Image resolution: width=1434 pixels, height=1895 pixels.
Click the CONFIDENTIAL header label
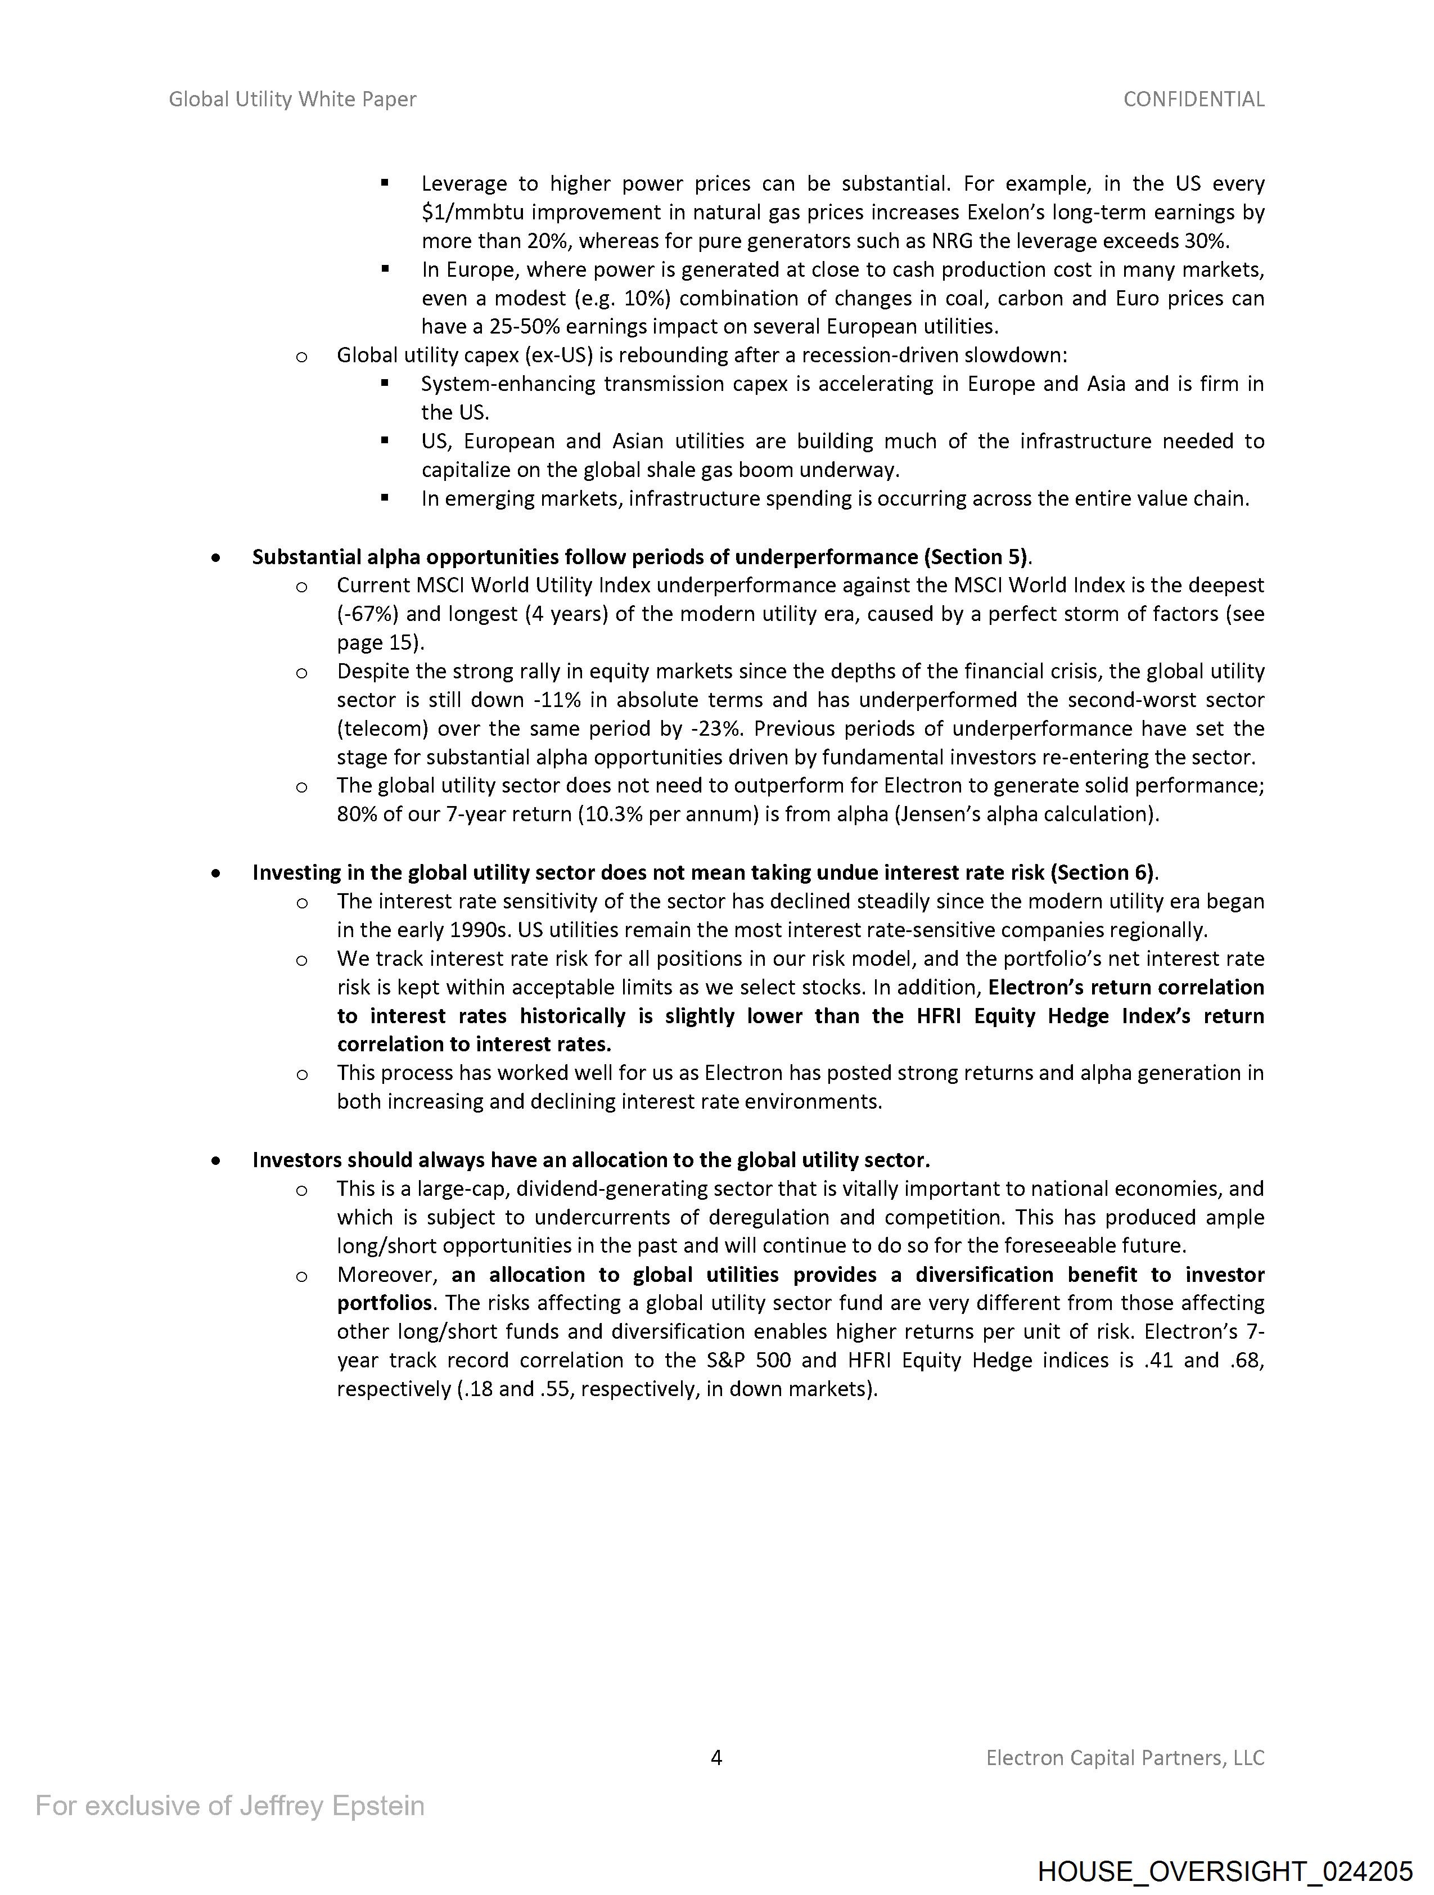point(1193,100)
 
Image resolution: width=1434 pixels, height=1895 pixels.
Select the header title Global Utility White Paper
point(292,100)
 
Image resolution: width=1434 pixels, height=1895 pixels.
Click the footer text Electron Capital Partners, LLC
point(1125,1758)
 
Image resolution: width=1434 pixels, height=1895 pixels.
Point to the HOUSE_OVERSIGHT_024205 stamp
point(1224,1870)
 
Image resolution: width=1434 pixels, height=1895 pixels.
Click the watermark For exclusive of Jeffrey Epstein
point(229,1806)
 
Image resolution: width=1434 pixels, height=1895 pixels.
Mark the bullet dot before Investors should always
point(216,1161)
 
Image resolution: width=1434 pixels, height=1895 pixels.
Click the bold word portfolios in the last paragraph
point(385,1303)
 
